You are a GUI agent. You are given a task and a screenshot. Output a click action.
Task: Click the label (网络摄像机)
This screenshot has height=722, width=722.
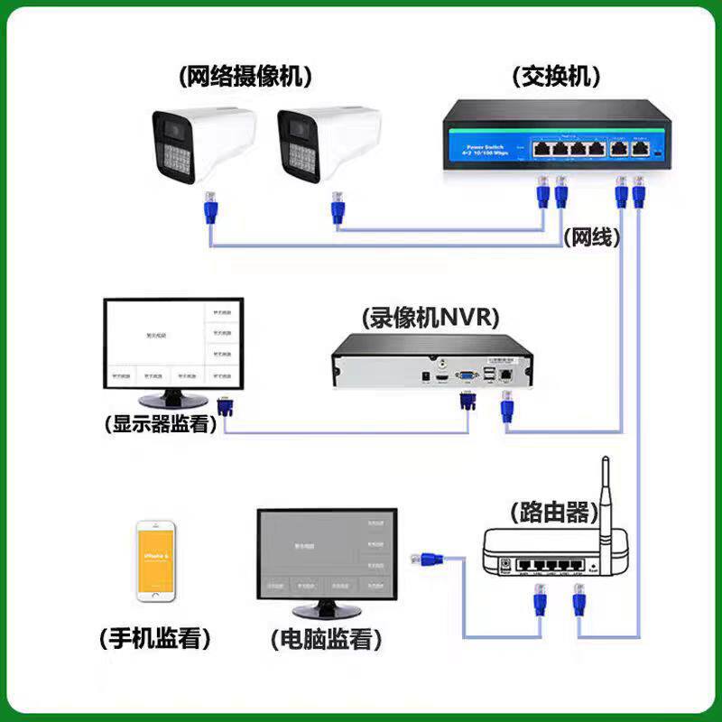tap(245, 77)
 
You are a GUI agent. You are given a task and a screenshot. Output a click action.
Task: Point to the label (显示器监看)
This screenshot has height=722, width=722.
tap(161, 423)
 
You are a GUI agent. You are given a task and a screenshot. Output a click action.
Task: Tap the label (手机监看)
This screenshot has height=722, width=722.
tap(154, 640)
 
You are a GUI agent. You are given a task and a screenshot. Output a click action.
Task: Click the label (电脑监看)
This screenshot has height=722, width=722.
tap(325, 641)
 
